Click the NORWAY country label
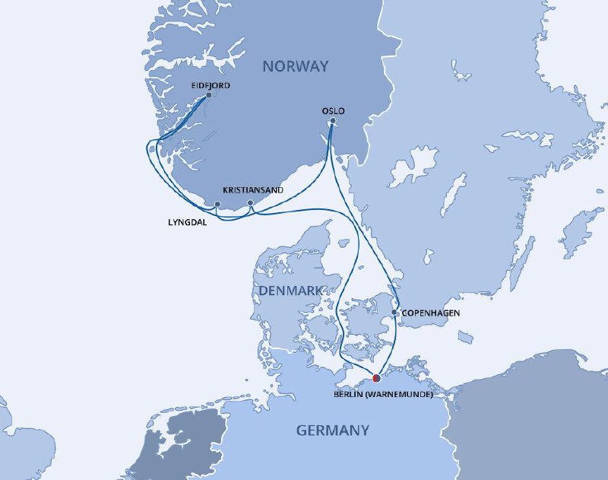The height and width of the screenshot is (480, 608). point(296,66)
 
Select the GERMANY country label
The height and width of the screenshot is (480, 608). point(333,431)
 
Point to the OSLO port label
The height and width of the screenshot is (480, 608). point(334,111)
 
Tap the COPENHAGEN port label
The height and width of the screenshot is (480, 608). point(431,313)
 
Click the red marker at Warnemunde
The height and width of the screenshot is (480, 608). point(376,377)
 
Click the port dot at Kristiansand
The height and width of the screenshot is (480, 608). point(251,203)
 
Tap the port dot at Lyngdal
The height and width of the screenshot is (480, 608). point(217,204)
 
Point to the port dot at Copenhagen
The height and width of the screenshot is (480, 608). point(394,312)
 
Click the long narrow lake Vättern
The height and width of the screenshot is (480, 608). point(454,194)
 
